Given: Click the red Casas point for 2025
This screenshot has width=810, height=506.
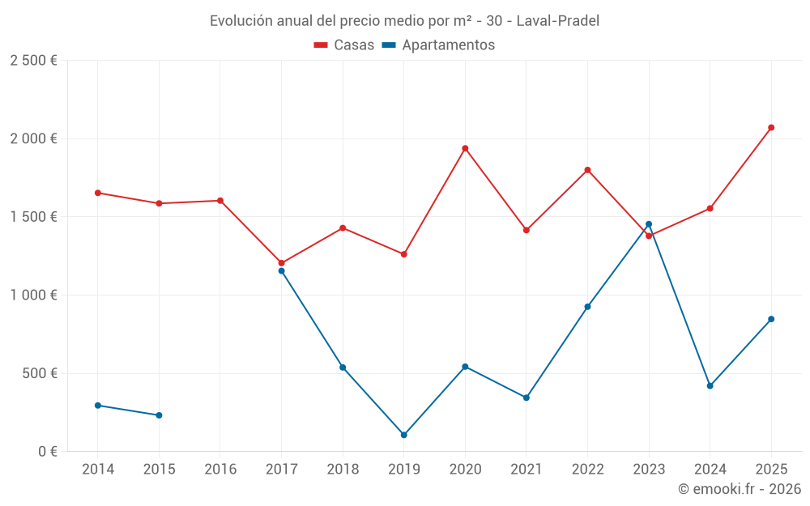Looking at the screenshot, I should pyautogui.click(x=771, y=127).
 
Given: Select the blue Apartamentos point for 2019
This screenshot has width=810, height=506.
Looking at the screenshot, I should pyautogui.click(x=404, y=435).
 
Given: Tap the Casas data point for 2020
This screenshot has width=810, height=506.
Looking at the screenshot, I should pyautogui.click(x=465, y=148).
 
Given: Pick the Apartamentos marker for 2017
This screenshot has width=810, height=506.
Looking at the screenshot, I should pyautogui.click(x=282, y=270).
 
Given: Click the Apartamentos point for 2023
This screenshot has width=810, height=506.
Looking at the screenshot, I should pyautogui.click(x=649, y=224).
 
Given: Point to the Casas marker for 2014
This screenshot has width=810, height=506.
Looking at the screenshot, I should pyautogui.click(x=98, y=193).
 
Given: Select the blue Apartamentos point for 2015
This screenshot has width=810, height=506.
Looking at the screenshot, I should pyautogui.click(x=159, y=415).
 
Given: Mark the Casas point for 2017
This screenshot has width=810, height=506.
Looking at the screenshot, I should pyautogui.click(x=282, y=263).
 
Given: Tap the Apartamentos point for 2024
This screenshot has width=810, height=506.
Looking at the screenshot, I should pyautogui.click(x=710, y=385).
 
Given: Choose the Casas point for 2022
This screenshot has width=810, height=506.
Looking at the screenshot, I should pyautogui.click(x=587, y=170).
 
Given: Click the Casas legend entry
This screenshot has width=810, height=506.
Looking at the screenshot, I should pyautogui.click(x=344, y=45).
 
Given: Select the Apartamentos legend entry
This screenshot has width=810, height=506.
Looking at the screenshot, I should pyautogui.click(x=438, y=45).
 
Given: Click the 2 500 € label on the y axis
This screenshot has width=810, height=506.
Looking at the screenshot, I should pyautogui.click(x=33, y=61).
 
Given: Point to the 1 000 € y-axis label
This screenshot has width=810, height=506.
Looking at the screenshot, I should pyautogui.click(x=33, y=296).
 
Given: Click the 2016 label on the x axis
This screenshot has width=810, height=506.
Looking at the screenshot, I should pyautogui.click(x=220, y=470).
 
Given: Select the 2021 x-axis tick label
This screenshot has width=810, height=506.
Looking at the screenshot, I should pyautogui.click(x=526, y=470).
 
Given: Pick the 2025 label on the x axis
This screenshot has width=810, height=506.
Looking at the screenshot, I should pyautogui.click(x=771, y=470).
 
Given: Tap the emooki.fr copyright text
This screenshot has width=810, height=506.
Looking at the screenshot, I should pyautogui.click(x=739, y=489).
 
